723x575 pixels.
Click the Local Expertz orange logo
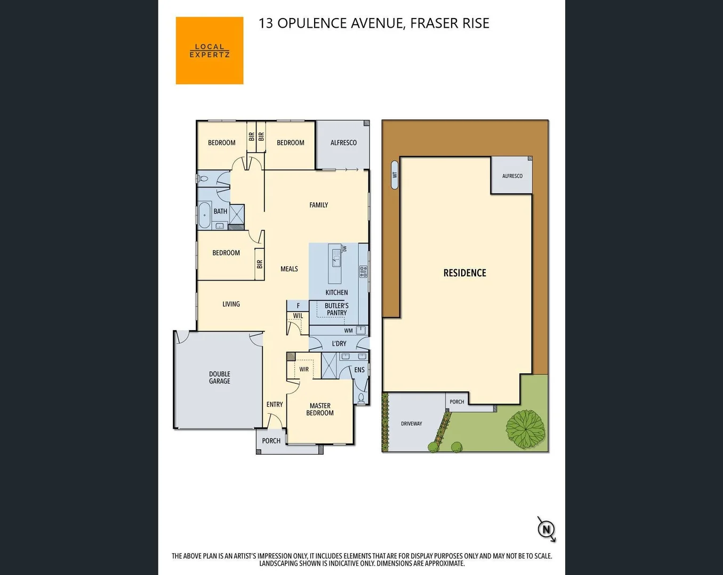coord(210,51)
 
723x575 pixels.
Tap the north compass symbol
coord(546,529)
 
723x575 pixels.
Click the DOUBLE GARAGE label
coord(220,377)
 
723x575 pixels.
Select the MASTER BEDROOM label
coord(320,409)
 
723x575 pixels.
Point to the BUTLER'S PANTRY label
coord(336,309)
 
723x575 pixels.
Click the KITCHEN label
coord(336,292)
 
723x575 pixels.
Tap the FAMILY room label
coord(319,205)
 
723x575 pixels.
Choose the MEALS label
coord(289,269)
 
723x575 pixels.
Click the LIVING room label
coord(231,304)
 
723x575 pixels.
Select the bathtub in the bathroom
coord(204,215)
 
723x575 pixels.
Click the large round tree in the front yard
coord(525,429)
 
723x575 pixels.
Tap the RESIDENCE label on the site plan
coord(464,273)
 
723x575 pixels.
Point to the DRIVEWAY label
coord(411,424)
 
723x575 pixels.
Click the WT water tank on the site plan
coord(395,175)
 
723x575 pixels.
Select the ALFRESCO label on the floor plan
coord(343,143)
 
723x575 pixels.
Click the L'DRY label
coord(339,343)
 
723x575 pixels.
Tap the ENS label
coord(359,369)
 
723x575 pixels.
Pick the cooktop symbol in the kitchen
coord(363,272)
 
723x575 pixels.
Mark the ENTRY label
coord(275,405)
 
